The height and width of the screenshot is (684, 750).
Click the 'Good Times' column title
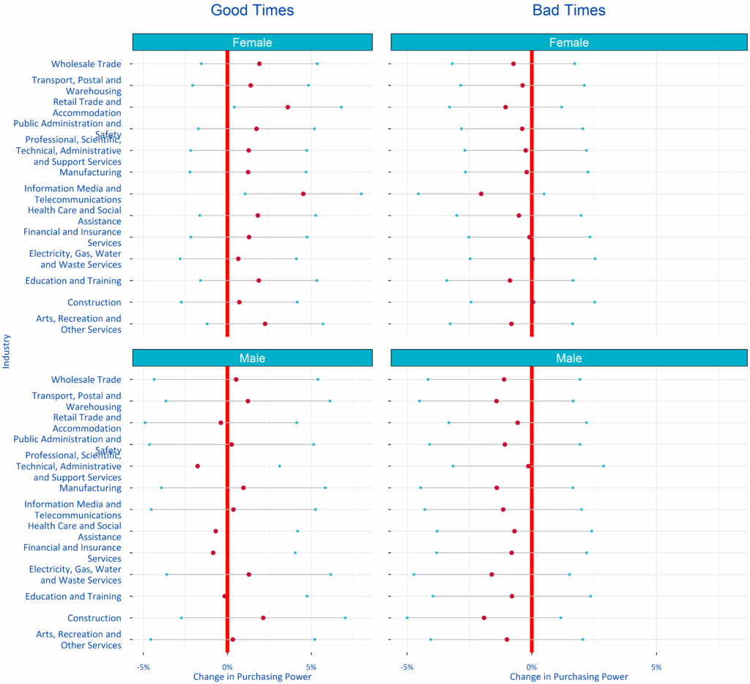coord(252,10)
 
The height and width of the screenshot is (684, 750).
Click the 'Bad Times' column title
coord(568,10)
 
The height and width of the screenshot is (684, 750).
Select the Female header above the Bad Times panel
coord(568,43)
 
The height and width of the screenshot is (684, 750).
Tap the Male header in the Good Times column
coord(252,358)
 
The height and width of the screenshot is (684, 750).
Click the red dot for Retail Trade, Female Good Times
coord(288,107)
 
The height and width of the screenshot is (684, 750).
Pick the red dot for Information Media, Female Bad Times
coord(481,194)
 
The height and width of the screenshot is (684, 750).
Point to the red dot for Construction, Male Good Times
coord(263,618)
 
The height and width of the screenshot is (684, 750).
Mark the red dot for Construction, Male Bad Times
coord(484,618)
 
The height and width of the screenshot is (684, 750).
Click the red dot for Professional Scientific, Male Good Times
coord(198,466)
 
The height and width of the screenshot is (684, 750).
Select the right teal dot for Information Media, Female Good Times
coord(361,194)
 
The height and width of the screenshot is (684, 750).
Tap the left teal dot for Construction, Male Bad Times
coord(407,618)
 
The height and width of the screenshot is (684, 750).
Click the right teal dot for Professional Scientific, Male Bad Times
coord(604,466)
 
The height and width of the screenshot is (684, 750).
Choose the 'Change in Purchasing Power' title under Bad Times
coord(569,677)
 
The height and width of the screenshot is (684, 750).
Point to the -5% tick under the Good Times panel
coord(144,668)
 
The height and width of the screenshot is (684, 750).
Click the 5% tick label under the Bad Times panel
coord(656,668)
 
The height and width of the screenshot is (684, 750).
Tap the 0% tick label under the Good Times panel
coord(228,668)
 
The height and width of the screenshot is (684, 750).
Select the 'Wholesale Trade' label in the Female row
coord(86,65)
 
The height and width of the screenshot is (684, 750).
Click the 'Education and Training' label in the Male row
coord(73,597)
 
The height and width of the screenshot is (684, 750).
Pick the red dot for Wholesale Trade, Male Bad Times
coord(504,380)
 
